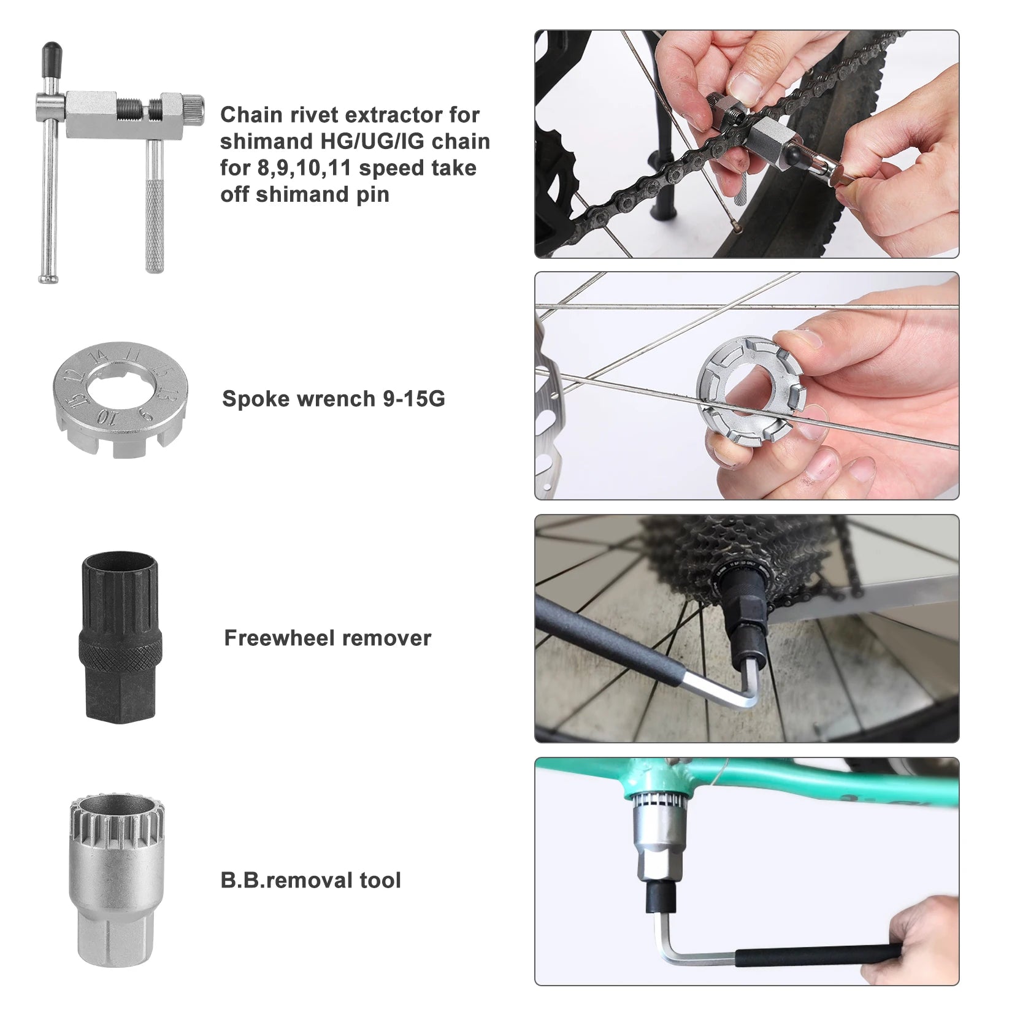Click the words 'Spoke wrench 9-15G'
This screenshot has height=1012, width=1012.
(333, 399)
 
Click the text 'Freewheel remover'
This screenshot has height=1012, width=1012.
(327, 638)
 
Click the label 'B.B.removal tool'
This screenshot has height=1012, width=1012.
(310, 880)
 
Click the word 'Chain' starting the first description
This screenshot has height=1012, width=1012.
(251, 115)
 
